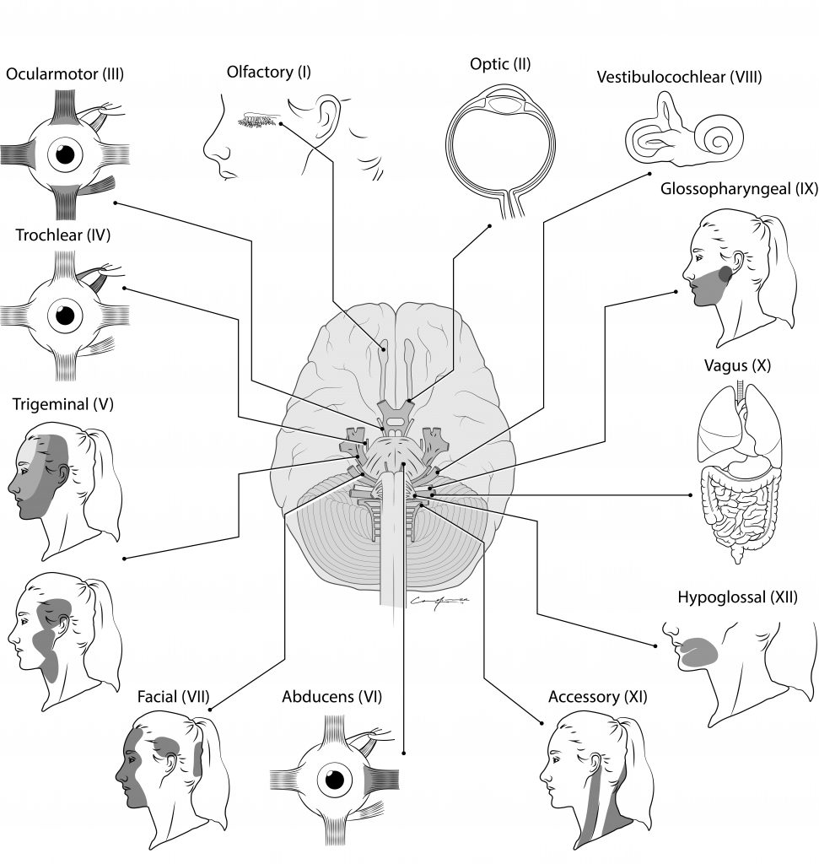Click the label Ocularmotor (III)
(x=65, y=74)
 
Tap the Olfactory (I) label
(x=268, y=72)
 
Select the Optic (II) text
(x=499, y=63)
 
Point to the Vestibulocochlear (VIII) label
(x=679, y=78)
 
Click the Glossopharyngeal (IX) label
(x=739, y=189)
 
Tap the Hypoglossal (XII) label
(x=737, y=598)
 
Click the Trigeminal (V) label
(x=62, y=404)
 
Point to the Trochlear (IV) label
(x=62, y=235)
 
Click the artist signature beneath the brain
(x=437, y=601)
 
